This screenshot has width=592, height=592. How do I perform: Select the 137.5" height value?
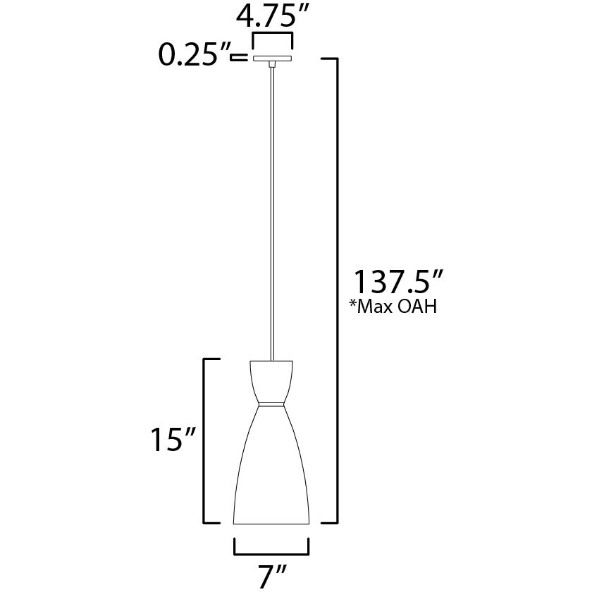[398, 283]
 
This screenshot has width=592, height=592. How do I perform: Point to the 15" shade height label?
[171, 440]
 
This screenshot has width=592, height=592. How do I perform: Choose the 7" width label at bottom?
[271, 575]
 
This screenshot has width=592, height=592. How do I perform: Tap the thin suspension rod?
[271, 211]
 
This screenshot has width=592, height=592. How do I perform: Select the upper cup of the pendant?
[271, 381]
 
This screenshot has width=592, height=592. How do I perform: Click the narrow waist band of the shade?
[271, 403]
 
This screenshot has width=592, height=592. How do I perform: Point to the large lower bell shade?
[271, 472]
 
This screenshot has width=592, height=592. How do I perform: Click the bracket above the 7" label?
[271, 547]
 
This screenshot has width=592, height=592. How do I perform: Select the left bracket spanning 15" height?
[206, 440]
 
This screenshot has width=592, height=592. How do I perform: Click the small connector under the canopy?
[271, 65]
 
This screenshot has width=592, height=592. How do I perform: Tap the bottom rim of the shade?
[271, 524]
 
